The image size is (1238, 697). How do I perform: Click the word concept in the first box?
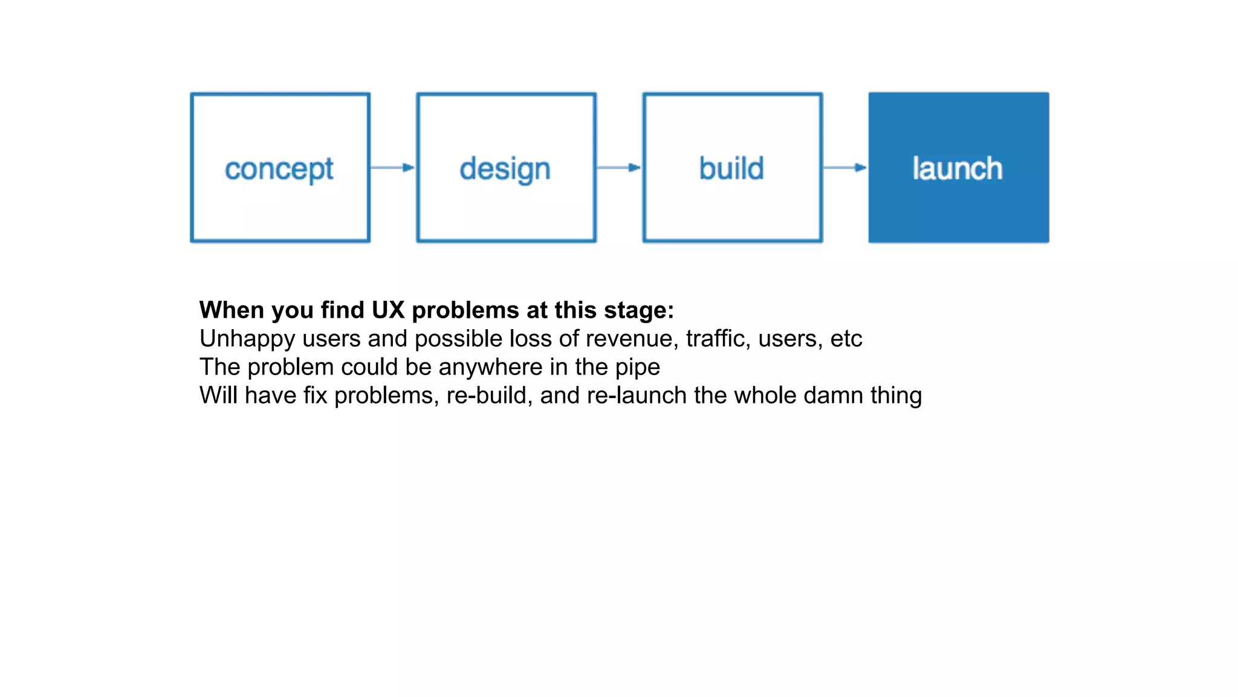(279, 169)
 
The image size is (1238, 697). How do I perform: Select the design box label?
(505, 169)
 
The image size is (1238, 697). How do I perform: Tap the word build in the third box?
(731, 168)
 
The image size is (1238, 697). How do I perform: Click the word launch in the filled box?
(958, 168)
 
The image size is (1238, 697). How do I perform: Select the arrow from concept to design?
(392, 168)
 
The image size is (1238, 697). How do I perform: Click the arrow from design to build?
(618, 168)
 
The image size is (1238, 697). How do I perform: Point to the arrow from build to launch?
(844, 168)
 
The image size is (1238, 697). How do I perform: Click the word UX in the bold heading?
(387, 310)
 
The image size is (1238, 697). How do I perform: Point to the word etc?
(846, 339)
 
